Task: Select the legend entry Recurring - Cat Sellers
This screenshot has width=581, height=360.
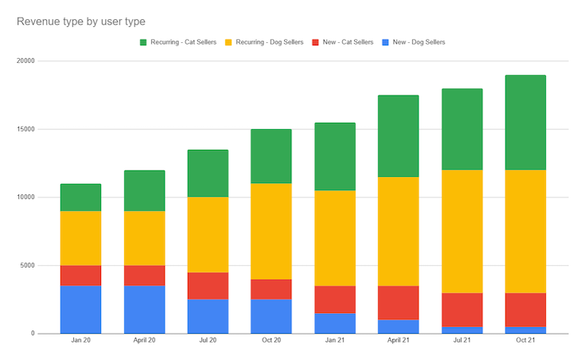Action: [x=178, y=42]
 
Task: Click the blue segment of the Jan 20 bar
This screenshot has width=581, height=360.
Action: [x=80, y=309]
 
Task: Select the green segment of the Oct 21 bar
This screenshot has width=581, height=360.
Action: [x=525, y=123]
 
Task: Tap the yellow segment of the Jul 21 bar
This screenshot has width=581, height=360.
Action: [x=462, y=231]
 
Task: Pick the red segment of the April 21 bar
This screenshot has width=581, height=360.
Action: [x=398, y=303]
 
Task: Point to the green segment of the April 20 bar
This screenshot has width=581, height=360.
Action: [x=144, y=190]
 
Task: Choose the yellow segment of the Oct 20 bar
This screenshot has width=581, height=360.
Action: [x=271, y=231]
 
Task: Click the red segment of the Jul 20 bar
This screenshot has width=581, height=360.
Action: [x=208, y=286]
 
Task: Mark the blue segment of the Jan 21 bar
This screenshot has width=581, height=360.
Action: [x=334, y=323]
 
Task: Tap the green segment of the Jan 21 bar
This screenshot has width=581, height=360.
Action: [x=334, y=157]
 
